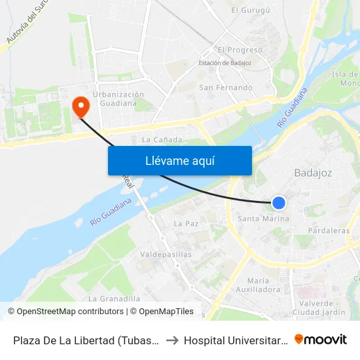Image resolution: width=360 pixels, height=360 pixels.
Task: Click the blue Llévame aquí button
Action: (x=179, y=160)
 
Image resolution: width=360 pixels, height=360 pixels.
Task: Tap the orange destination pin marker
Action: (x=81, y=106)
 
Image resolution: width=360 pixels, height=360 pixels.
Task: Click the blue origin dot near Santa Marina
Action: (x=279, y=203)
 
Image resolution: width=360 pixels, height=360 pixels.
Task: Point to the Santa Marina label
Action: (x=263, y=219)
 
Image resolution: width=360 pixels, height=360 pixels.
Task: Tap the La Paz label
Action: (x=186, y=224)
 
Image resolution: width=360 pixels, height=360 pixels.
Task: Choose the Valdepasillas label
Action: (x=166, y=254)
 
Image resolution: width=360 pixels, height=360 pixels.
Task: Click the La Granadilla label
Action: (x=115, y=298)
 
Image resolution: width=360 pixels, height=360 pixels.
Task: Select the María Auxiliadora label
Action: (x=264, y=285)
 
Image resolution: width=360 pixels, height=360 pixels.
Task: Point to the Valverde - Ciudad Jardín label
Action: (x=321, y=308)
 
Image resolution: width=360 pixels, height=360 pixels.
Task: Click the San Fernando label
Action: (x=226, y=88)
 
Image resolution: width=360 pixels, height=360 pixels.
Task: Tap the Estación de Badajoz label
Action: (x=226, y=63)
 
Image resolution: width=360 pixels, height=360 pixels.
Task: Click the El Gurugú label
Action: (x=251, y=10)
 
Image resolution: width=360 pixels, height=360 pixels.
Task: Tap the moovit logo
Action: (x=321, y=339)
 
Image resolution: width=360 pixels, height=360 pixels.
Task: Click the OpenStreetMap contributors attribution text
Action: (x=70, y=312)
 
